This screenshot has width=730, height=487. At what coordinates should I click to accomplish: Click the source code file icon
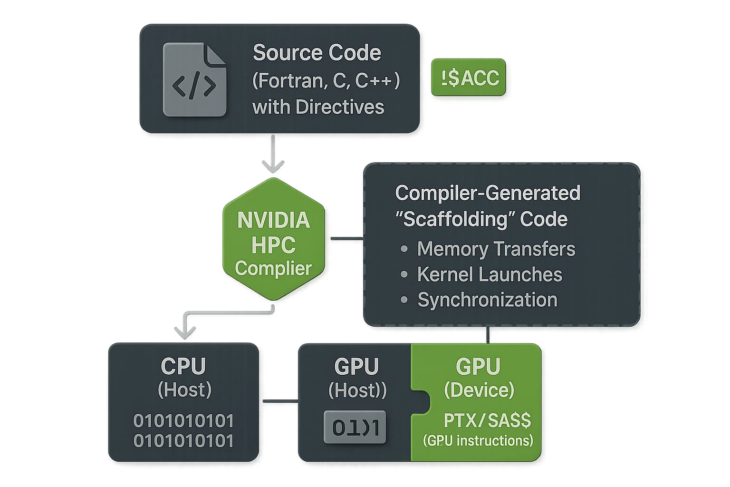[x=194, y=80]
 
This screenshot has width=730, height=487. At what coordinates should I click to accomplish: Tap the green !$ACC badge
[x=468, y=78]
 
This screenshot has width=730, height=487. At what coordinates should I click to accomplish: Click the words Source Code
[x=317, y=53]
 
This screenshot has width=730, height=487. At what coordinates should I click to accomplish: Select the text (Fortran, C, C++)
[x=326, y=80]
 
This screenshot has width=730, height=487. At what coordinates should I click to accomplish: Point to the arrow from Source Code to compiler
[x=273, y=155]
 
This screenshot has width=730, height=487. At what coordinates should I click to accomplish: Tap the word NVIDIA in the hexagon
[x=273, y=220]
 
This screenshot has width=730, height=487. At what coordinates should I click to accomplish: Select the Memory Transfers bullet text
[x=496, y=249]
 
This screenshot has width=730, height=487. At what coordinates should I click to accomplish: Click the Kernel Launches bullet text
[x=490, y=274]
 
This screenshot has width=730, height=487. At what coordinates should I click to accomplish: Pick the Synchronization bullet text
[x=487, y=300]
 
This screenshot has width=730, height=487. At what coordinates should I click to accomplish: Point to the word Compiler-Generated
[x=488, y=193]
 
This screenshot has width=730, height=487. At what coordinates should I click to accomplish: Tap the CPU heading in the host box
[x=183, y=366]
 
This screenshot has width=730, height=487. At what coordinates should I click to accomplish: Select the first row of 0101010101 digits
[x=183, y=421]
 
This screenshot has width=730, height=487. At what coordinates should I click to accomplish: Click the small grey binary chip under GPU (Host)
[x=355, y=427]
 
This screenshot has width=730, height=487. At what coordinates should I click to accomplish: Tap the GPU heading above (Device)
[x=478, y=367]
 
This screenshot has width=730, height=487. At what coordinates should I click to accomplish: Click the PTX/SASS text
[x=487, y=420]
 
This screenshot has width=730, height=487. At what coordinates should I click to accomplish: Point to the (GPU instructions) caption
[x=478, y=441]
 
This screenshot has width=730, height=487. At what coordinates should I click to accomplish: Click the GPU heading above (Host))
[x=356, y=367]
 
